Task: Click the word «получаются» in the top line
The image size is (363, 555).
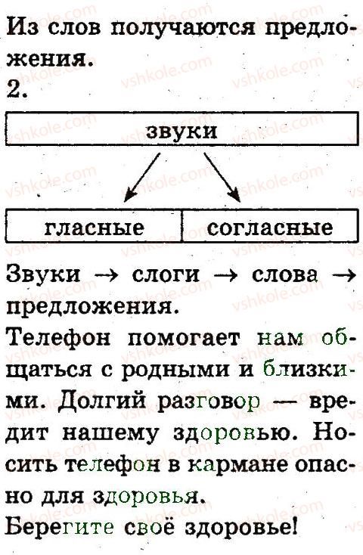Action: [183, 28]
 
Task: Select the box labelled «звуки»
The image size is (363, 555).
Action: [182, 129]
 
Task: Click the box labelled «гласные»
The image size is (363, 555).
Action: [94, 226]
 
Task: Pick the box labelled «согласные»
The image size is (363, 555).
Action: [270, 226]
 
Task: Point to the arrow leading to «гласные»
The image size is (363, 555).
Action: [141, 178]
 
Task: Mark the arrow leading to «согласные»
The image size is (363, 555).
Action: [222, 178]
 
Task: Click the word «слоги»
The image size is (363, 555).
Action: [166, 274]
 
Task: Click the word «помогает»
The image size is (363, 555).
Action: [184, 340]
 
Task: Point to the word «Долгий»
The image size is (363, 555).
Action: [101, 402]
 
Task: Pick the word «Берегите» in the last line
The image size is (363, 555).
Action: [60, 527]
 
